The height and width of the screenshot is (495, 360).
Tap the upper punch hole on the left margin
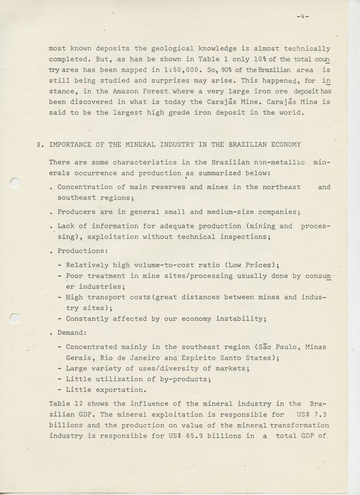tap(15, 182)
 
